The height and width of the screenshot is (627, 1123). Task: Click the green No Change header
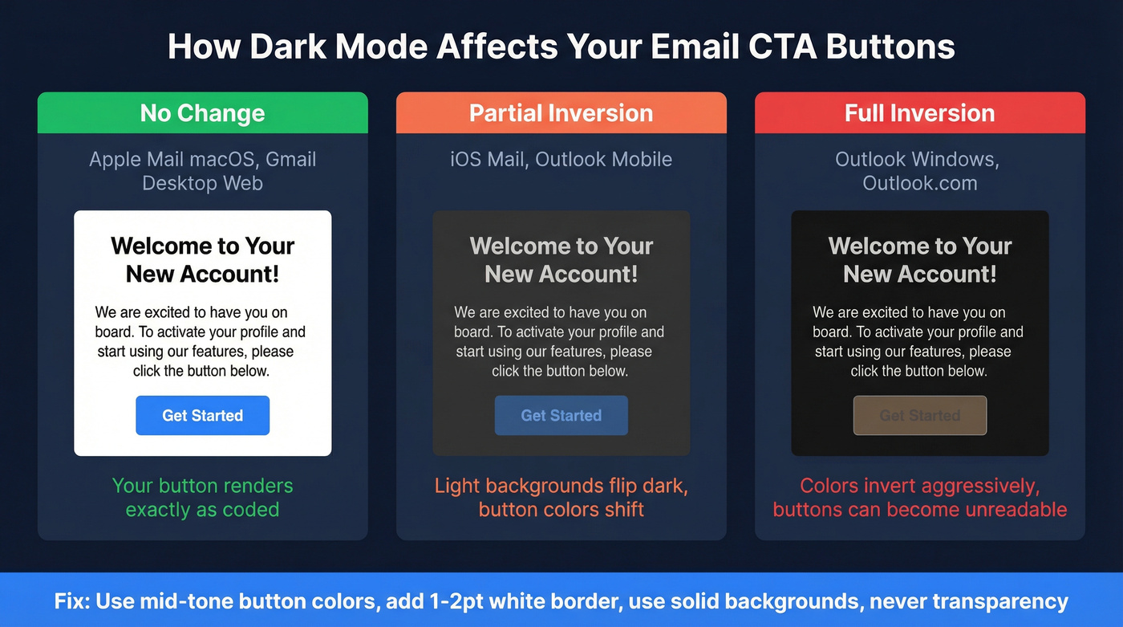pyautogui.click(x=202, y=113)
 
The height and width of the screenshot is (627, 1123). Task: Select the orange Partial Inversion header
pyautogui.click(x=561, y=113)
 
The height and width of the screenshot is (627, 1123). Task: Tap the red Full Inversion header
pyautogui.click(x=919, y=113)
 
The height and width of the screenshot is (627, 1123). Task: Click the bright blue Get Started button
pyautogui.click(x=202, y=415)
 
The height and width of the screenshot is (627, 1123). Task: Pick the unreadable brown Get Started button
pyautogui.click(x=919, y=415)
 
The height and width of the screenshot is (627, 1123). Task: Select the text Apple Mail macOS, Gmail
pyautogui.click(x=202, y=159)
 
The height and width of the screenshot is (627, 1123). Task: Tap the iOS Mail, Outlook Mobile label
pyautogui.click(x=561, y=159)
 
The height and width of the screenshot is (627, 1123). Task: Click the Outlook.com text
pyautogui.click(x=919, y=183)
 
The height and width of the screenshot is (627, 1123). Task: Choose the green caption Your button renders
pyautogui.click(x=202, y=486)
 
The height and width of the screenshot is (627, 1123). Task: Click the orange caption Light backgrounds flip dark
pyautogui.click(x=561, y=486)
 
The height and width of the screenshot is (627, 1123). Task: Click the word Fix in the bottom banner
pyautogui.click(x=71, y=601)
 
